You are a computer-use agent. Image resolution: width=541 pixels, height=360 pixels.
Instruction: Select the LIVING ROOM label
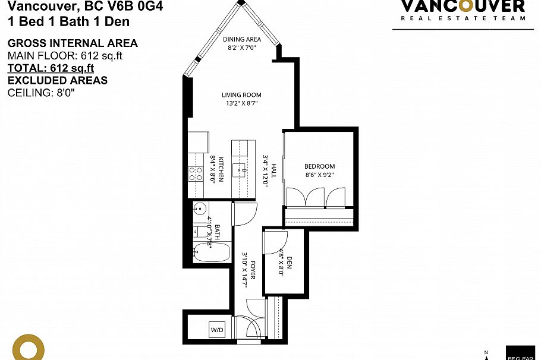[x=241, y=95]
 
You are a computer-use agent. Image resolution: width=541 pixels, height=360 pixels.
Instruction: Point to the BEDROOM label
[x=320, y=166]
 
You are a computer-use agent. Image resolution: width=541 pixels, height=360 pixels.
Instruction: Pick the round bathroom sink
[x=200, y=209]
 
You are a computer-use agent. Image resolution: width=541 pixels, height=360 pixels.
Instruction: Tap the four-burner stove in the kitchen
[x=196, y=173]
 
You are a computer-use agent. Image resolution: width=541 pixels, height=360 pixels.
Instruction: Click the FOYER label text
[x=252, y=270]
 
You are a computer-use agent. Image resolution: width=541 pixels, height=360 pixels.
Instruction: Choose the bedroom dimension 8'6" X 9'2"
[x=320, y=175]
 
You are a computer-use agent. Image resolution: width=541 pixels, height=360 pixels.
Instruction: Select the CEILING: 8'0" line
[x=41, y=93]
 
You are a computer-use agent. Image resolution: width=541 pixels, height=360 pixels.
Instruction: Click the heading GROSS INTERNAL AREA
[x=72, y=43]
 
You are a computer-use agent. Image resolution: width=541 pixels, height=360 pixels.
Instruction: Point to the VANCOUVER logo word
[x=463, y=7]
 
